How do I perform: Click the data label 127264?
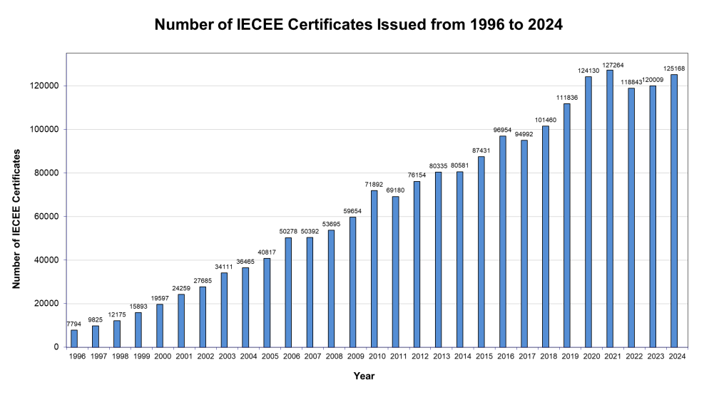click(609, 64)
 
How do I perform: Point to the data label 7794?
click(74, 324)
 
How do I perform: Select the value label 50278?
click(288, 231)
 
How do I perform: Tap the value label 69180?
click(395, 190)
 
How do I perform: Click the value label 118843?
click(631, 81)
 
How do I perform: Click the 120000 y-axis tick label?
click(45, 86)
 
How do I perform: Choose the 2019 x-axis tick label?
click(566, 357)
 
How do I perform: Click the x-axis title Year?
click(364, 376)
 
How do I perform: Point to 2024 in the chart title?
click(543, 25)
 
